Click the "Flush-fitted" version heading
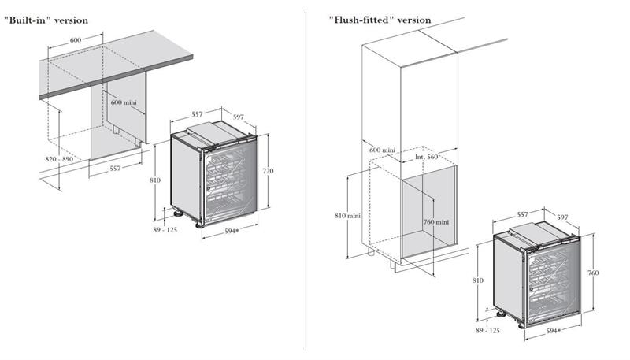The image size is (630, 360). point(380,20)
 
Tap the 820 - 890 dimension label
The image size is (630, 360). point(59,160)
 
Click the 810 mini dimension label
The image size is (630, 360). point(346,215)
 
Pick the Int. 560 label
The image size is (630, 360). point(426,157)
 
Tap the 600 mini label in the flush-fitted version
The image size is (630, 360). point(380,150)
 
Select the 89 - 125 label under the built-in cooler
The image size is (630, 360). point(166,229)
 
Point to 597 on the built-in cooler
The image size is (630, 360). point(239,116)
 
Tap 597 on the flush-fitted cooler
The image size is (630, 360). point(562,217)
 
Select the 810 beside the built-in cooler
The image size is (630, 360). point(155,180)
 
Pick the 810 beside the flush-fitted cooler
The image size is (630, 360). point(477,280)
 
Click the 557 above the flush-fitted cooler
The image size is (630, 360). point(522,214)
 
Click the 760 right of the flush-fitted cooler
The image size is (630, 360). point(593,273)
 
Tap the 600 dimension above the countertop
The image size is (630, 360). point(76,39)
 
